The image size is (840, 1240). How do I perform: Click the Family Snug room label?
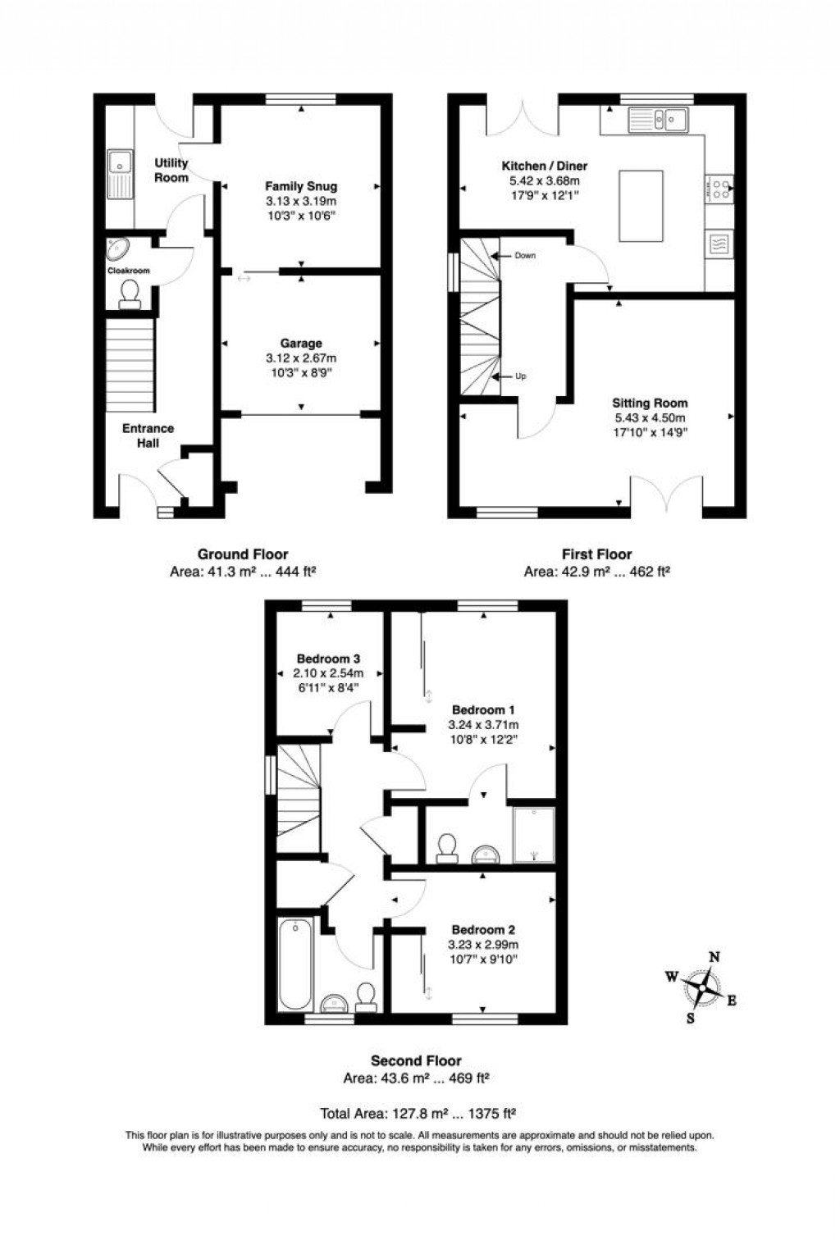coord(301,186)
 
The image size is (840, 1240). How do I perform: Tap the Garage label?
coord(301,343)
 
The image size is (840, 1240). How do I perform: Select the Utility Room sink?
coord(120,174)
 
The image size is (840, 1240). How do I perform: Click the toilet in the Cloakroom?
coord(129,293)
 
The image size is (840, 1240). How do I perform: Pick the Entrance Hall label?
coord(148,435)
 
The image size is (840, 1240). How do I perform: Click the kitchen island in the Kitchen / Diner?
coord(641,206)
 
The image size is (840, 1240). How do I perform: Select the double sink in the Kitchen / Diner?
coord(660,121)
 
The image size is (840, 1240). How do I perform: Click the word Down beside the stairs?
coord(525,256)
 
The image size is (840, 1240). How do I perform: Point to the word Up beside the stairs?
coord(521,376)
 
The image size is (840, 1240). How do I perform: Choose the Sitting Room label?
coord(650,403)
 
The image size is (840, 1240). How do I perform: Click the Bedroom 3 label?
coord(328,659)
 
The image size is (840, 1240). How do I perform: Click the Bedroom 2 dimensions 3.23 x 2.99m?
coord(483,945)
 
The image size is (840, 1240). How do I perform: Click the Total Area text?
coord(418,1113)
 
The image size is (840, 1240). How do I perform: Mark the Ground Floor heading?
coord(243,554)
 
